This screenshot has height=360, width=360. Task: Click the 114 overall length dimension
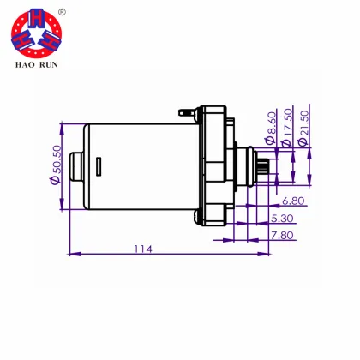(x=142, y=249)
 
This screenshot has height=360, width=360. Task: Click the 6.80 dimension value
(x=292, y=201)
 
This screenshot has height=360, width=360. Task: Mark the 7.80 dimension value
(x=280, y=234)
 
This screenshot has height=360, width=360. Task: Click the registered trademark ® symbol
(x=62, y=13)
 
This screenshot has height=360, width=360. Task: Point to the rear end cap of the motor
(x=75, y=165)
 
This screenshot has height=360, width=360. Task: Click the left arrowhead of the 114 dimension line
(x=71, y=254)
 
